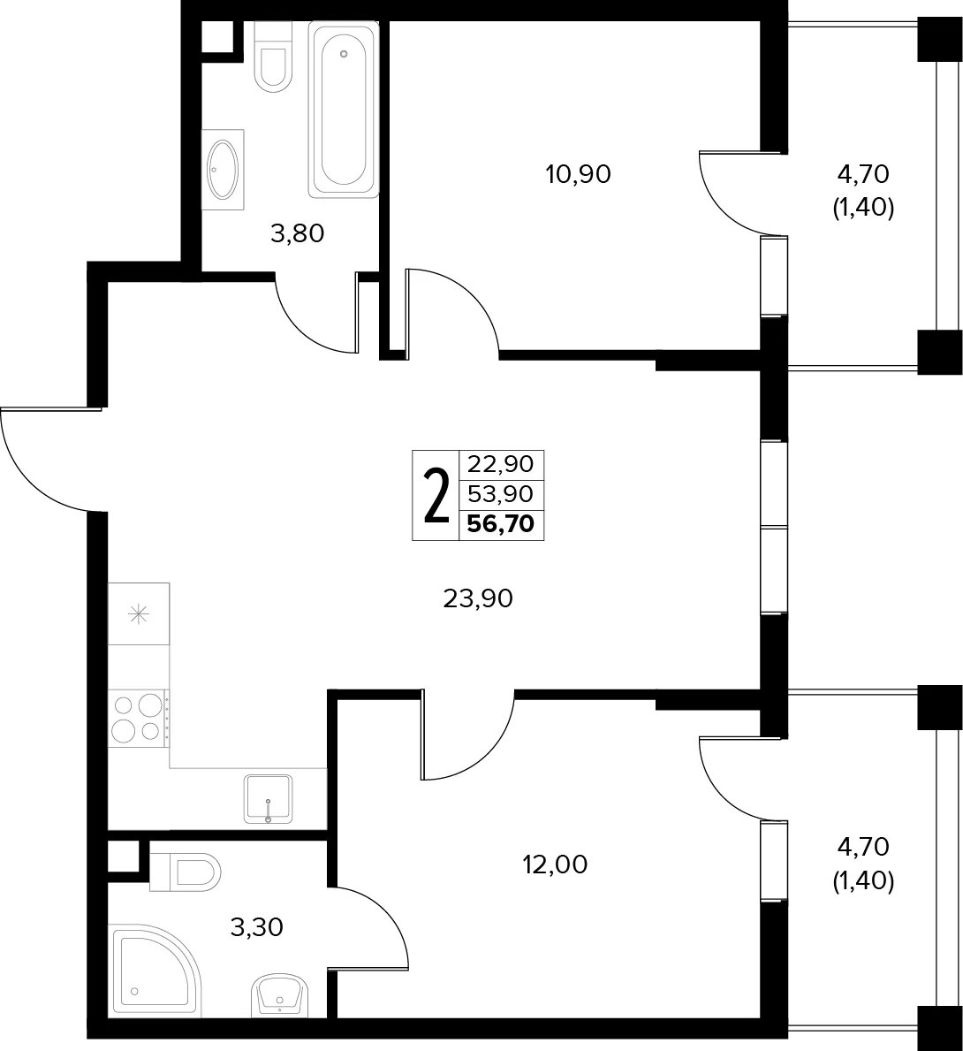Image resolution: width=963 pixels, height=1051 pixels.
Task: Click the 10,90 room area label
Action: click(579, 175)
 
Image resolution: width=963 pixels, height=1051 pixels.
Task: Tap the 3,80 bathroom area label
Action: click(297, 233)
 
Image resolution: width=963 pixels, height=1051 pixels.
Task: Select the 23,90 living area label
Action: click(478, 598)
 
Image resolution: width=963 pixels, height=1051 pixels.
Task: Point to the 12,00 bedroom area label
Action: click(555, 864)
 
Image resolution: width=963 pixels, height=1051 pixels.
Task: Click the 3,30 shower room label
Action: click(256, 927)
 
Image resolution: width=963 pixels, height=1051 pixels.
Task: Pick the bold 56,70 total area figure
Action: click(501, 523)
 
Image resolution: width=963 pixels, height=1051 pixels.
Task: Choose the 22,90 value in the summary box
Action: click(501, 463)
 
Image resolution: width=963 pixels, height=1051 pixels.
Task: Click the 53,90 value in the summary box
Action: click(501, 494)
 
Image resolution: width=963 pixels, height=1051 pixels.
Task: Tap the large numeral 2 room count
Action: click(436, 495)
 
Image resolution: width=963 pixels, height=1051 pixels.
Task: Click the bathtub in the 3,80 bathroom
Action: click(344, 110)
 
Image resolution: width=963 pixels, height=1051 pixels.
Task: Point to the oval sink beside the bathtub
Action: click(224, 170)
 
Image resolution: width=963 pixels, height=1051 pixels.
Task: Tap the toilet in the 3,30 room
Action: click(186, 872)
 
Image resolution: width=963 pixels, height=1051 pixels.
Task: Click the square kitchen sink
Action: click(269, 799)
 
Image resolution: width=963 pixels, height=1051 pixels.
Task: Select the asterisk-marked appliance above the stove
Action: click(139, 614)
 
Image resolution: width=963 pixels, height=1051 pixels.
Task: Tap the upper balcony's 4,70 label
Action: click(863, 174)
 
